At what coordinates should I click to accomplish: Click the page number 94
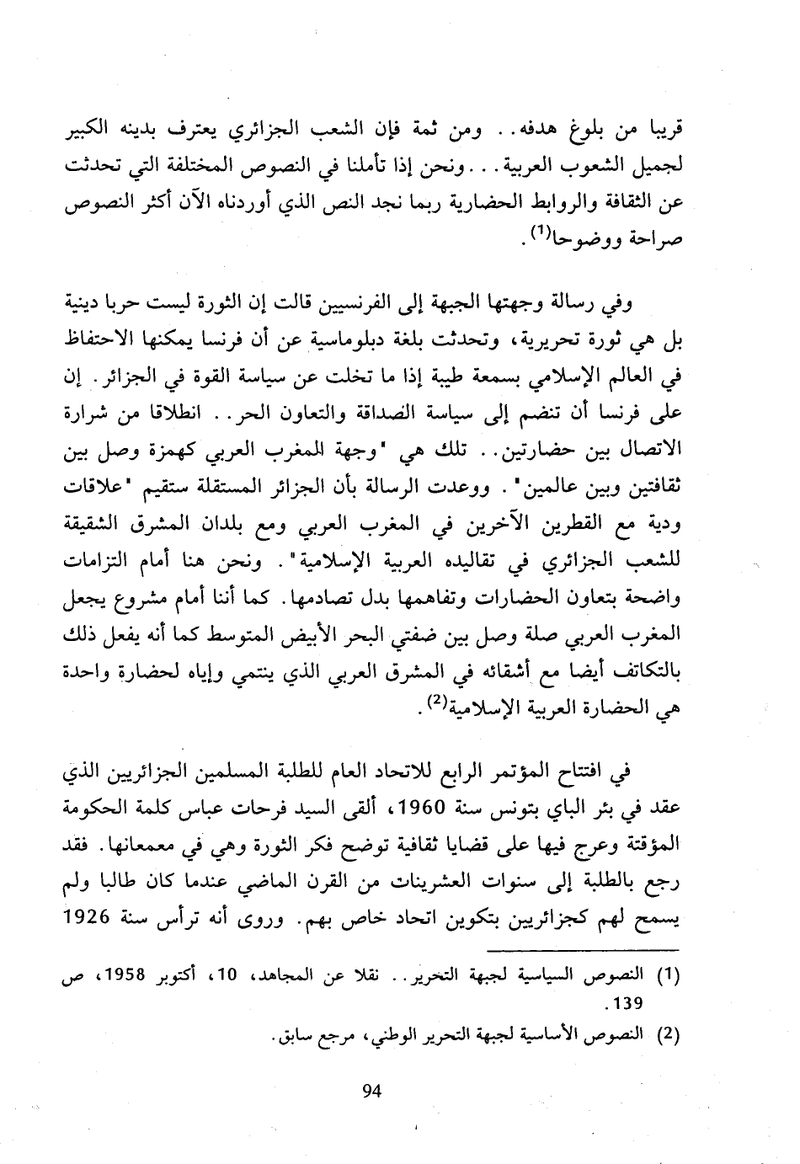(372, 1092)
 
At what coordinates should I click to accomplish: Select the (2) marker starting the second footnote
(666, 1035)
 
